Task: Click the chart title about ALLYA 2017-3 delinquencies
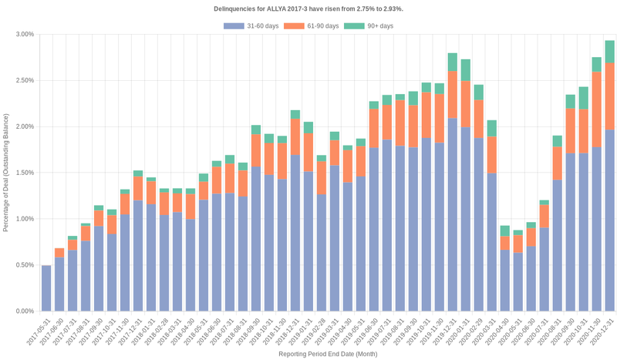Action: coord(308,8)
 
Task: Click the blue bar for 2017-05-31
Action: coord(46,288)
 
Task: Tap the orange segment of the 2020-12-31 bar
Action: coord(609,96)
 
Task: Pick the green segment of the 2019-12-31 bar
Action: coord(453,62)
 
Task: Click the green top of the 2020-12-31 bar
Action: coord(609,52)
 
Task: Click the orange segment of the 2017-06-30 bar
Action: coord(59,253)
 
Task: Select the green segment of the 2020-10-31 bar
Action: coord(584,98)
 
